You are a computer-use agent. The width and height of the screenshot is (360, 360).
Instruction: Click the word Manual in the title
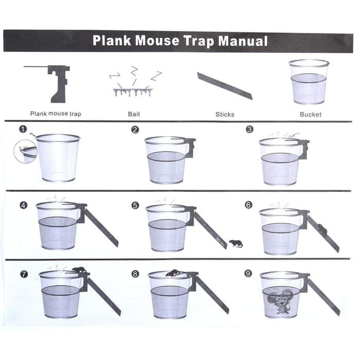pyautogui.click(x=243, y=41)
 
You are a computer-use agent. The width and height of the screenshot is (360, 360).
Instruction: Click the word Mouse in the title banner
pyautogui.click(x=157, y=41)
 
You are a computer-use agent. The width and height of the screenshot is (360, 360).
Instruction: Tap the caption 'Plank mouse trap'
pyautogui.click(x=56, y=114)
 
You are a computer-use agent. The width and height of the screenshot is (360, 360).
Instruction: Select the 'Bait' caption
pyautogui.click(x=134, y=114)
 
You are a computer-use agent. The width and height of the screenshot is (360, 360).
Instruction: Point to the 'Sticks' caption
pyautogui.click(x=225, y=114)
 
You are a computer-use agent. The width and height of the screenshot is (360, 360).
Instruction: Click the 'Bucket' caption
pyautogui.click(x=311, y=114)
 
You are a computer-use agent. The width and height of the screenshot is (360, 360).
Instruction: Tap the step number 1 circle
pyautogui.click(x=23, y=129)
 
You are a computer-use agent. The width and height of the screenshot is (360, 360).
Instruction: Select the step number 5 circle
pyautogui.click(x=135, y=205)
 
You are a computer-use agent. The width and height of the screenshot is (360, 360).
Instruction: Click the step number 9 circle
pyautogui.click(x=248, y=274)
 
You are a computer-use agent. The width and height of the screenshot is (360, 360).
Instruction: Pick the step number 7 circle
pyautogui.click(x=24, y=274)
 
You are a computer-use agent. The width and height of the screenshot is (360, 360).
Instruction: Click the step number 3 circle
pyautogui.click(x=249, y=129)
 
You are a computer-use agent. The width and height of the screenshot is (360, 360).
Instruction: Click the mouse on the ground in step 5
pyautogui.click(x=236, y=243)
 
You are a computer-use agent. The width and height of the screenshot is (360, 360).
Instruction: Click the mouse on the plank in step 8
pyautogui.click(x=174, y=273)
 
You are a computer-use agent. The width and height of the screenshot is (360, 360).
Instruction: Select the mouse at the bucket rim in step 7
pyautogui.click(x=79, y=270)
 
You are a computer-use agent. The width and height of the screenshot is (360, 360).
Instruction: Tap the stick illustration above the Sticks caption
pyautogui.click(x=225, y=86)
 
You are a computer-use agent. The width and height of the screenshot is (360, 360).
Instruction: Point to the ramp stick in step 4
pyautogui.click(x=101, y=228)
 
